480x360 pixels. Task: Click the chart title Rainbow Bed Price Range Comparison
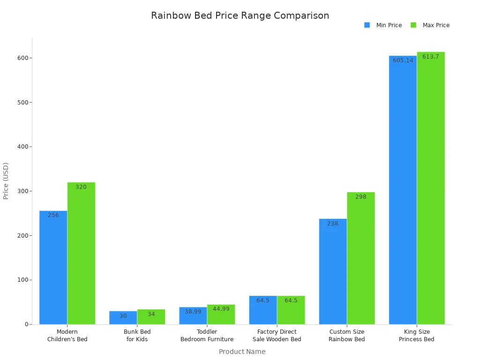240,15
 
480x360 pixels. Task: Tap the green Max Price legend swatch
413,25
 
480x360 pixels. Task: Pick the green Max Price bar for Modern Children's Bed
81,253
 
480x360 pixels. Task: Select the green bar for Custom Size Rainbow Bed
361,258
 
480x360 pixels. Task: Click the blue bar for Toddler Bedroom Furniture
193,316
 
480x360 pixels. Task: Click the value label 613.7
431,57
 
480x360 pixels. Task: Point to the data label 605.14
403,60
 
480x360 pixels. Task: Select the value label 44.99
221,309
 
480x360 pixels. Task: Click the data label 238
333,224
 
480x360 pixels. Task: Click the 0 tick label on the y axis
27,324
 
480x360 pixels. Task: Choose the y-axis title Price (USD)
6,181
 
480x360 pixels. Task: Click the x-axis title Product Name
242,352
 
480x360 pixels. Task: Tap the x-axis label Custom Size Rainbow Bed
347,336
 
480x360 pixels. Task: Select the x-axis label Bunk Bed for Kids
137,336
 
